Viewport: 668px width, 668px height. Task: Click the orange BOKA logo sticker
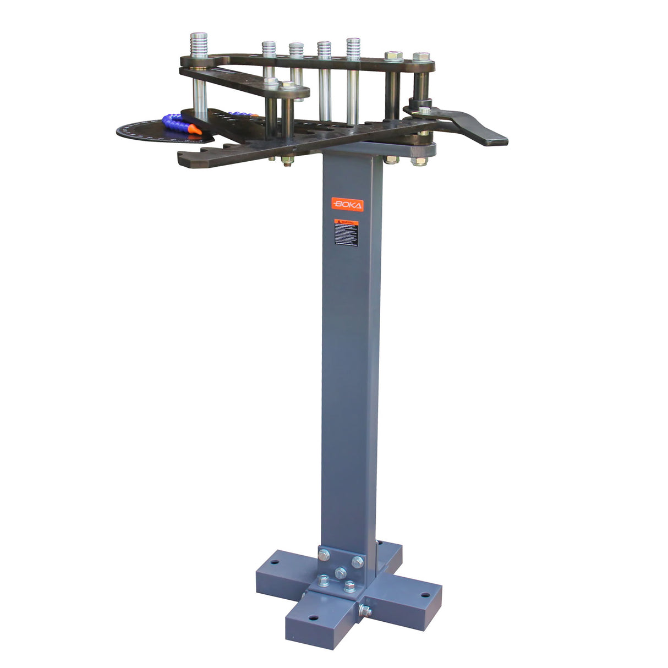pos(347,205)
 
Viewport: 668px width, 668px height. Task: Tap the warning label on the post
pos(346,234)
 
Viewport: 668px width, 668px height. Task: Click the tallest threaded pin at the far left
pos(199,44)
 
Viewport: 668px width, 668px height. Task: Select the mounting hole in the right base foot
pos(424,595)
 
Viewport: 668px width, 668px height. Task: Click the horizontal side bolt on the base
pos(365,610)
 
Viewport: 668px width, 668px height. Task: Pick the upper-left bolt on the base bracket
pos(324,555)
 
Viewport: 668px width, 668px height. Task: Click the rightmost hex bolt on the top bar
pos(420,57)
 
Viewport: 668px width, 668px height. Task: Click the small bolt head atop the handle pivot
pos(424,111)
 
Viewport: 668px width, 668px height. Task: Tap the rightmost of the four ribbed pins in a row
pos(353,46)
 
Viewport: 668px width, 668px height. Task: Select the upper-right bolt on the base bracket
pos(357,562)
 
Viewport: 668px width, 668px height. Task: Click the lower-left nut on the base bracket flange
pos(324,581)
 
